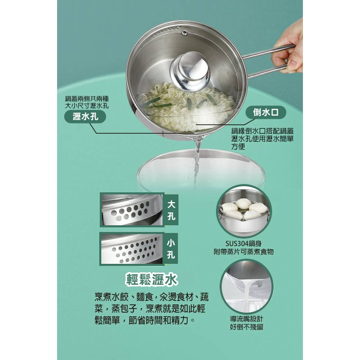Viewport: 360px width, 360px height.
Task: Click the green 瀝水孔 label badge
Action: (x=85, y=117)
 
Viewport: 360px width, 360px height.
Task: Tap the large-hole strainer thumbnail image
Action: (x=132, y=210)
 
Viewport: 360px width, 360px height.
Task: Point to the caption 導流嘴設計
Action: (x=246, y=319)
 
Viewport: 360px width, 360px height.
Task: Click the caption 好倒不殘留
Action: (x=246, y=327)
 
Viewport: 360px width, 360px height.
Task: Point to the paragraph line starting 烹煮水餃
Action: (x=151, y=298)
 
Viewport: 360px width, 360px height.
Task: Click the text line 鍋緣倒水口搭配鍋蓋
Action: (x=262, y=131)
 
